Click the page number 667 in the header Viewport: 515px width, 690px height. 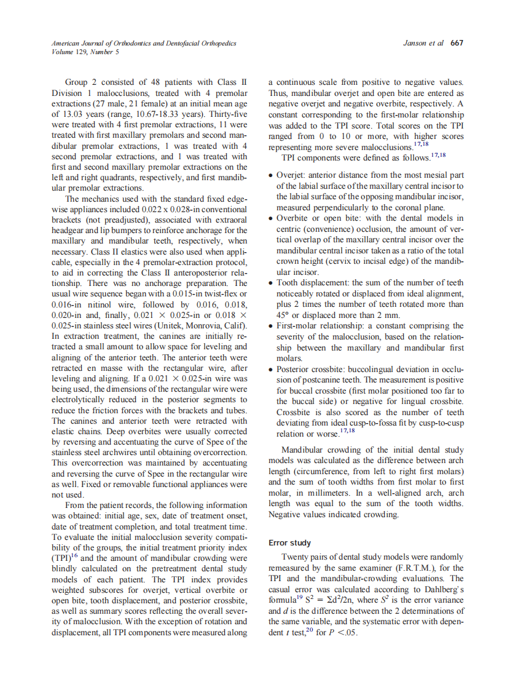457,44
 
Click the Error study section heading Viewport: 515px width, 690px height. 290,543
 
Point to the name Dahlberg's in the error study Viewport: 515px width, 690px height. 442,589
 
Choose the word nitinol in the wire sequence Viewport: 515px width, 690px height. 90,304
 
